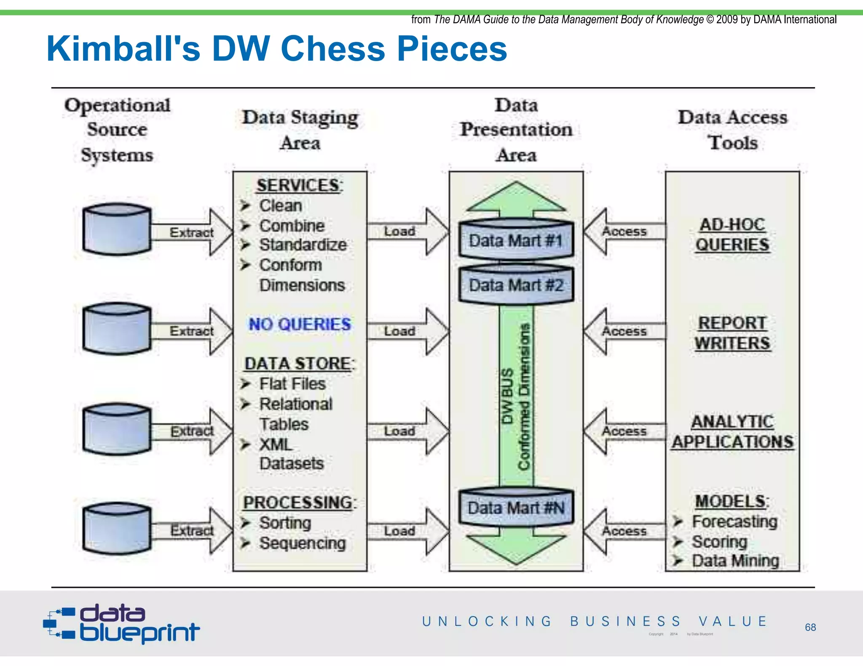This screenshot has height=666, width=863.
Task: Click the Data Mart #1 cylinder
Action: [x=516, y=240]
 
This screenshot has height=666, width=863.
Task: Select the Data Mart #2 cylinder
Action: [x=516, y=284]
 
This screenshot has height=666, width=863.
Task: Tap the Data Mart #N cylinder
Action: [x=516, y=507]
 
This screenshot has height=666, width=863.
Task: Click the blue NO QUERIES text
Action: [x=300, y=324]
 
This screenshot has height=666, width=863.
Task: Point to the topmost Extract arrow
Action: [x=192, y=232]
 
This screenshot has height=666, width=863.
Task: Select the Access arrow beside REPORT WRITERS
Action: [x=624, y=331]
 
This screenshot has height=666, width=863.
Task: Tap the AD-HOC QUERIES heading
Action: [x=732, y=234]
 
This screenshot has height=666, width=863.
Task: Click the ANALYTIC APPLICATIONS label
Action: [x=732, y=432]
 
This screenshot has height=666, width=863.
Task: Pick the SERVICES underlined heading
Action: [x=299, y=186]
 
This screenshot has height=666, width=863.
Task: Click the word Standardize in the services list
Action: [x=303, y=245]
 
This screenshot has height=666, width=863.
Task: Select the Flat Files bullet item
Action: [x=292, y=384]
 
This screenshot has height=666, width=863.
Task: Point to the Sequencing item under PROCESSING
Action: [x=302, y=543]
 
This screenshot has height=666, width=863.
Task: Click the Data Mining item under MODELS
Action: [x=735, y=561]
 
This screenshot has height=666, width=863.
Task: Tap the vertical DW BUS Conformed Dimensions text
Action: [x=516, y=396]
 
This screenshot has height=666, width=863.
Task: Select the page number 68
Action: [x=810, y=627]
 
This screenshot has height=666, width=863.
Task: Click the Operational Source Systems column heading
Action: [x=117, y=129]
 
